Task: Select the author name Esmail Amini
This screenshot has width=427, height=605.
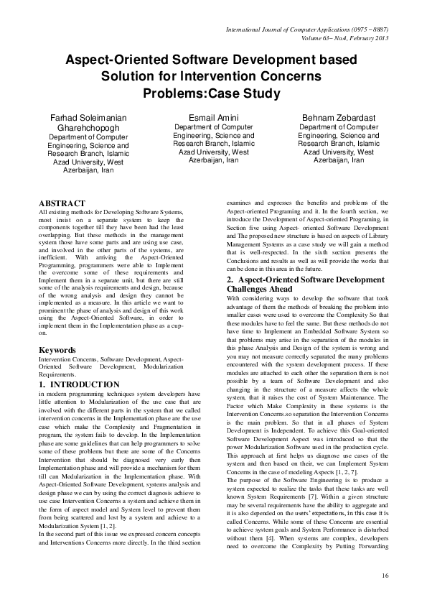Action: point(213,117)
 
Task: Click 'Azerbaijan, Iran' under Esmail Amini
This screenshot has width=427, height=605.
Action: point(213,160)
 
